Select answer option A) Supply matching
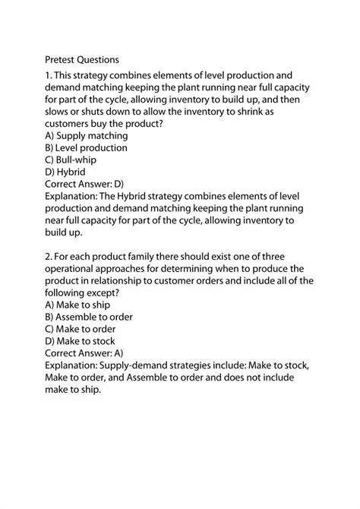pos(87,135)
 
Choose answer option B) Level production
pos(87,148)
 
